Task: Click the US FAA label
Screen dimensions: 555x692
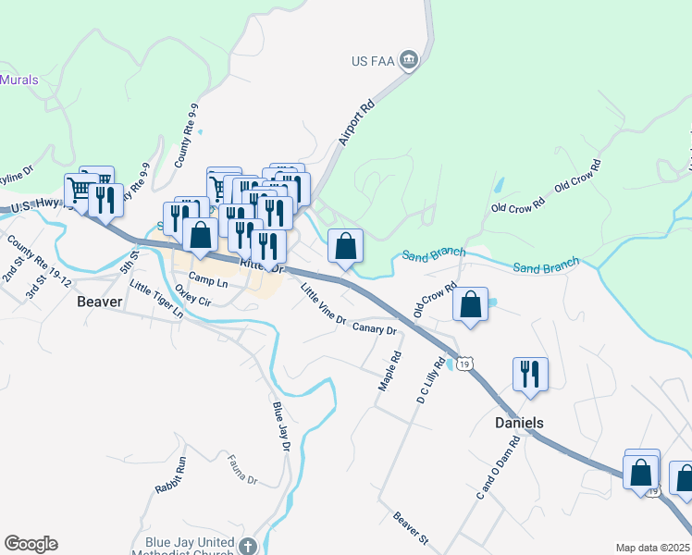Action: point(373,62)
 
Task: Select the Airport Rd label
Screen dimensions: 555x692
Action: point(356,121)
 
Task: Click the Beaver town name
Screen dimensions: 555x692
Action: point(100,302)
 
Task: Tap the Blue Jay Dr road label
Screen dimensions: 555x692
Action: point(281,426)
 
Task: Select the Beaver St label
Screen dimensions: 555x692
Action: point(412,527)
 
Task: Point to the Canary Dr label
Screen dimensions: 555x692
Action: point(375,328)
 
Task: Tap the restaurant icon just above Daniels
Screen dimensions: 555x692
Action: point(530,374)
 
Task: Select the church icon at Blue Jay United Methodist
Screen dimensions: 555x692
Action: point(246,546)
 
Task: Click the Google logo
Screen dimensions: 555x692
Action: point(31,544)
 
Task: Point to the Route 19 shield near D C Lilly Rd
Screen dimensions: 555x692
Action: point(464,364)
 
